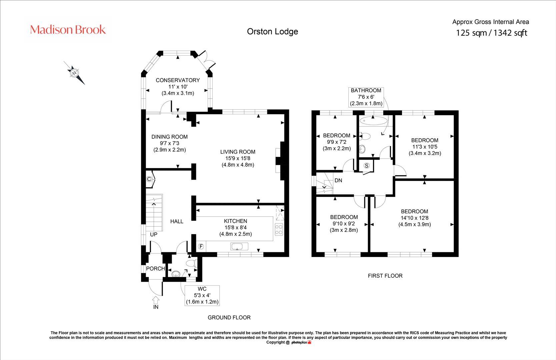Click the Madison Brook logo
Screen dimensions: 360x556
click(68, 30)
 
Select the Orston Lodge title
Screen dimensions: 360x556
click(272, 31)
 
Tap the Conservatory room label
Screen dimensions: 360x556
click(178, 80)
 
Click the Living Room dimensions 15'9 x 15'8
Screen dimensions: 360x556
click(238, 158)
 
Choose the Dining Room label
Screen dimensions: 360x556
click(169, 137)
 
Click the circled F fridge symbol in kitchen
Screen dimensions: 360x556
click(201, 247)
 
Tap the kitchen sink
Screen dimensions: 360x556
click(239, 247)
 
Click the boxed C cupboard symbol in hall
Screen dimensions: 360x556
click(149, 179)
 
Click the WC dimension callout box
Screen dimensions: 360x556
click(202, 295)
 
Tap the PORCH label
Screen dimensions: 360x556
click(155, 268)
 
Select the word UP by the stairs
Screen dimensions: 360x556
click(153, 234)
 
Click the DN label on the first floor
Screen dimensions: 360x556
click(338, 180)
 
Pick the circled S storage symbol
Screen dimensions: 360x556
click(367, 165)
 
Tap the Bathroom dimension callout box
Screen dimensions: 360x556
click(366, 97)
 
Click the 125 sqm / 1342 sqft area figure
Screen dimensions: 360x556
click(491, 33)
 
